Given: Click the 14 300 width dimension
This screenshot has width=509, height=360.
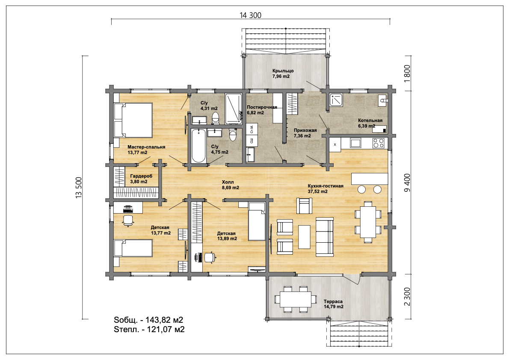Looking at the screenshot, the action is (x=250, y=15).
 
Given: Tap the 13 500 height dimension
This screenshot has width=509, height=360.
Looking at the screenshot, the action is (x=79, y=187).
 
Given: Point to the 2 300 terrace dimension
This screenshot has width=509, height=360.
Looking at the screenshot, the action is (x=407, y=296).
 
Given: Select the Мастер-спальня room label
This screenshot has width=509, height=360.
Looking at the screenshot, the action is (x=146, y=147).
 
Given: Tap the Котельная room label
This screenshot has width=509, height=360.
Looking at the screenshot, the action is (x=370, y=120).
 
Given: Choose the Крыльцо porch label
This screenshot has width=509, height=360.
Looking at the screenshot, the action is (x=283, y=71).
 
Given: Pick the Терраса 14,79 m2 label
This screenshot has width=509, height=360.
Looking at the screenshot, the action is (x=333, y=304).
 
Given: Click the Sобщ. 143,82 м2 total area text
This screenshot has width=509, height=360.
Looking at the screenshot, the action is (x=148, y=320).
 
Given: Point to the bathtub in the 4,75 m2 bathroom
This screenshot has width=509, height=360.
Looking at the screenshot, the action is (x=198, y=146).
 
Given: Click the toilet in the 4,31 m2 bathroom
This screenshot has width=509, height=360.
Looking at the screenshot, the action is (x=215, y=118).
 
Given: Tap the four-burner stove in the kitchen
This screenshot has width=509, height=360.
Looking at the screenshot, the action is (x=378, y=143).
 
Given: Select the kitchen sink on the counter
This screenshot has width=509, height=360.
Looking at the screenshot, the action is (x=355, y=143).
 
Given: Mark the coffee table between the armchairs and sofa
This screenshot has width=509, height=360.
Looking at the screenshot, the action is (x=304, y=237).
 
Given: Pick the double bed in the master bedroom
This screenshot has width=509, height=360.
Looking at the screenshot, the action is (x=133, y=120).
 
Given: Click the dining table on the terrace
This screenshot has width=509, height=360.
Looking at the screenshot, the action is (x=295, y=299).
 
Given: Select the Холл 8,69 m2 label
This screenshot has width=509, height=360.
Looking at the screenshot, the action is (x=231, y=185).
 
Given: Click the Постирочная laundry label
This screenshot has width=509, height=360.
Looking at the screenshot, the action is (x=262, y=107).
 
